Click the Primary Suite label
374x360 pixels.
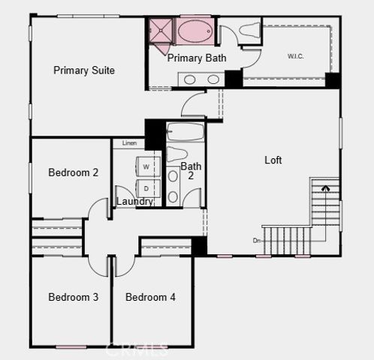pyautogui.click(x=83, y=70)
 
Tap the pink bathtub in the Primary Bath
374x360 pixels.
pyautogui.click(x=194, y=31)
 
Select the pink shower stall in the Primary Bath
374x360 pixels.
pyautogui.click(x=160, y=31)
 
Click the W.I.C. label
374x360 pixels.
pyautogui.click(x=296, y=56)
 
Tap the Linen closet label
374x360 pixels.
pyautogui.click(x=129, y=143)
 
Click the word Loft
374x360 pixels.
pyautogui.click(x=273, y=160)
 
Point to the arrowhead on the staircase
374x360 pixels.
pyautogui.click(x=324, y=189)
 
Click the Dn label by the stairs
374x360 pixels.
pyautogui.click(x=257, y=241)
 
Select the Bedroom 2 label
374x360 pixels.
pyautogui.click(x=73, y=172)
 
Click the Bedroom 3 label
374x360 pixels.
pyautogui.click(x=73, y=297)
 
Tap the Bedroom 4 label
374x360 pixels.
pyautogui.click(x=150, y=297)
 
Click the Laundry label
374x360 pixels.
pyautogui.click(x=135, y=202)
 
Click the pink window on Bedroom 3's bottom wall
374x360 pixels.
pyautogui.click(x=71, y=346)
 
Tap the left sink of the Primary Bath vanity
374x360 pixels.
pyautogui.click(x=190, y=79)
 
